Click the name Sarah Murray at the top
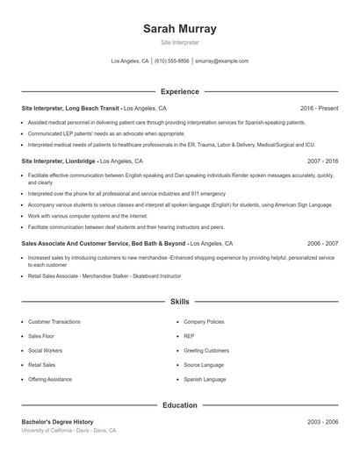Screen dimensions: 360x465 pyautogui.click(x=179, y=28)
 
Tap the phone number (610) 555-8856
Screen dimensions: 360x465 pyautogui.click(x=172, y=61)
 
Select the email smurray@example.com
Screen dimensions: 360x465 pyautogui.click(x=221, y=61)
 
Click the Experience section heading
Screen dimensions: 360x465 pyautogui.click(x=179, y=91)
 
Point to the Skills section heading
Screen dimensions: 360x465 pyautogui.click(x=179, y=302)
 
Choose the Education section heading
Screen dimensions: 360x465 pyautogui.click(x=179, y=406)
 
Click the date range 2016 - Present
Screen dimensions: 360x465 pyautogui.click(x=319, y=108)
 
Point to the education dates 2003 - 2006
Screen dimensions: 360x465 pyautogui.click(x=322, y=422)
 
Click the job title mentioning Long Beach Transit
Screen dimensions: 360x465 pyautogui.click(x=70, y=108)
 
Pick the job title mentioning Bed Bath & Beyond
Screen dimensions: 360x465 pyautogui.click(x=104, y=243)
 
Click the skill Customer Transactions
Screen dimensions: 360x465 pyautogui.click(x=54, y=322)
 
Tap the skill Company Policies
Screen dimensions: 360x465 pyautogui.click(x=205, y=322)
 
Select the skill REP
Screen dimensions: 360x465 pyautogui.click(x=189, y=336)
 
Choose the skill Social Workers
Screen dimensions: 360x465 pyautogui.click(x=45, y=350)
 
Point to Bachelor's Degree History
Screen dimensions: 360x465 pyautogui.click(x=57, y=422)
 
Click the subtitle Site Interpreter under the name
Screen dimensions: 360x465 pyautogui.click(x=179, y=41)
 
